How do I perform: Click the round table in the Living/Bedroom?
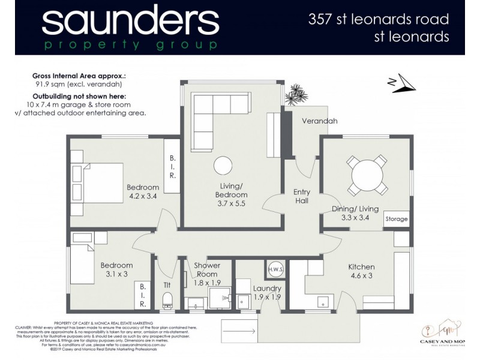[224, 165]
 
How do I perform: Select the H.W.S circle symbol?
[275, 270]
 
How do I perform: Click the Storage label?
[396, 219]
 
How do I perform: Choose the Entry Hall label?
[302, 196]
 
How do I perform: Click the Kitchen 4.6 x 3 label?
[361, 271]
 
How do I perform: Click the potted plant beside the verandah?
[295, 94]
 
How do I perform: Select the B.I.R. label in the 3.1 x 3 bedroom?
[143, 295]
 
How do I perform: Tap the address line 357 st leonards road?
[378, 19]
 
